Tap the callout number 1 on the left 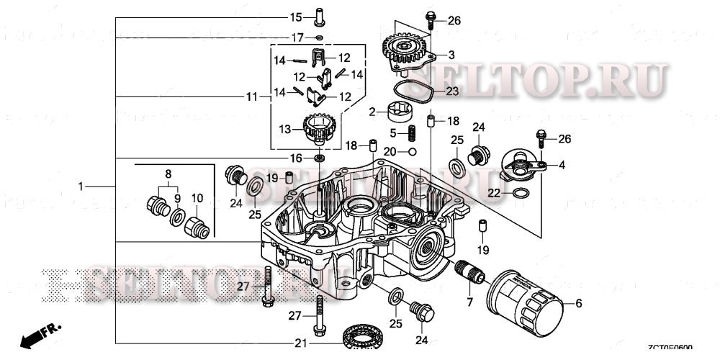tap(81, 186)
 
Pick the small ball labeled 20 tap(410, 152)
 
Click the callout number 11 tap(251, 96)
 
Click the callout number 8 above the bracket tap(168, 174)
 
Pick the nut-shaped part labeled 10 tap(197, 225)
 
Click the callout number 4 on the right tap(562, 165)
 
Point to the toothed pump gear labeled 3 tap(407, 53)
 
